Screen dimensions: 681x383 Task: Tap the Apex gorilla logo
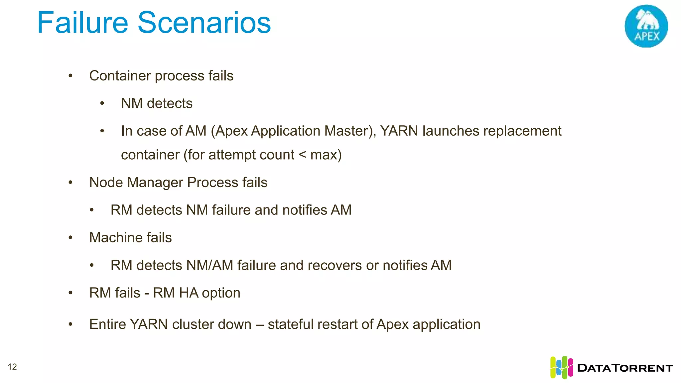[x=646, y=26]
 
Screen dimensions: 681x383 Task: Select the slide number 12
[x=12, y=367]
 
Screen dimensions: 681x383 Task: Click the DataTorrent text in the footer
[x=625, y=368]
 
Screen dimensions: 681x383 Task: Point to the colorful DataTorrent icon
[x=561, y=367]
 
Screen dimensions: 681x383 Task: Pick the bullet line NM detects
[x=157, y=103]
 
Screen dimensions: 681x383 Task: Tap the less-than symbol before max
[x=302, y=155]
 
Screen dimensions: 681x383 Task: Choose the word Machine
[x=113, y=238]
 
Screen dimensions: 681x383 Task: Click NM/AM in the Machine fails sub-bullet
[x=210, y=265]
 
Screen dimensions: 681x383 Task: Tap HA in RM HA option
[x=189, y=293]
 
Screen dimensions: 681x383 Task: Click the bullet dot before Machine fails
[x=70, y=238]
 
